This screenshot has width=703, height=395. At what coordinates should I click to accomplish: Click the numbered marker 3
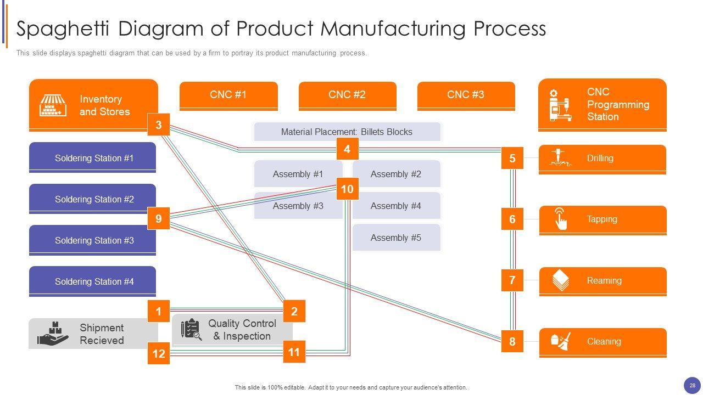tap(159, 125)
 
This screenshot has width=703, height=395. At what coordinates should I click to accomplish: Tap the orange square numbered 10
tap(347, 189)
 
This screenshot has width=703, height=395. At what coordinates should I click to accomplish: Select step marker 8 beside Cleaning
tap(512, 341)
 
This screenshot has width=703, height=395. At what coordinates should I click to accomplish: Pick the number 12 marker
tap(159, 353)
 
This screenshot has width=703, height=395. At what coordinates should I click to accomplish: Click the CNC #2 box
tap(347, 95)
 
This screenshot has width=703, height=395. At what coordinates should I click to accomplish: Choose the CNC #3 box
tap(466, 95)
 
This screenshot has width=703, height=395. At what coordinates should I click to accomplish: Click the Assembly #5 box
tap(396, 238)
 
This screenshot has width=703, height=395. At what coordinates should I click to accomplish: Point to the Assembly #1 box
tap(298, 174)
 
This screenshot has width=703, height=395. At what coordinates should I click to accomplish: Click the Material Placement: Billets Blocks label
tap(347, 132)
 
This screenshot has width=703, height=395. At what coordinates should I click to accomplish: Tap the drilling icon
tap(560, 158)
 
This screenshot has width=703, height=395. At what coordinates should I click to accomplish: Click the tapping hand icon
tap(560, 218)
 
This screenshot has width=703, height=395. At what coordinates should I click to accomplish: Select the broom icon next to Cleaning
tap(561, 341)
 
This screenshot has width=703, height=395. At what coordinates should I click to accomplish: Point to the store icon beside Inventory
tap(53, 105)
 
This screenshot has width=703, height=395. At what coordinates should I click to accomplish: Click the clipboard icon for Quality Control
tap(191, 329)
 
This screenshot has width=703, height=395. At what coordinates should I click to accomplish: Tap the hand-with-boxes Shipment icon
tap(53, 334)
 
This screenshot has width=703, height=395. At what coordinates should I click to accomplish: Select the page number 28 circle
tap(692, 386)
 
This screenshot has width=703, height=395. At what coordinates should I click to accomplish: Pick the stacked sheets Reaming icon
tap(560, 280)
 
